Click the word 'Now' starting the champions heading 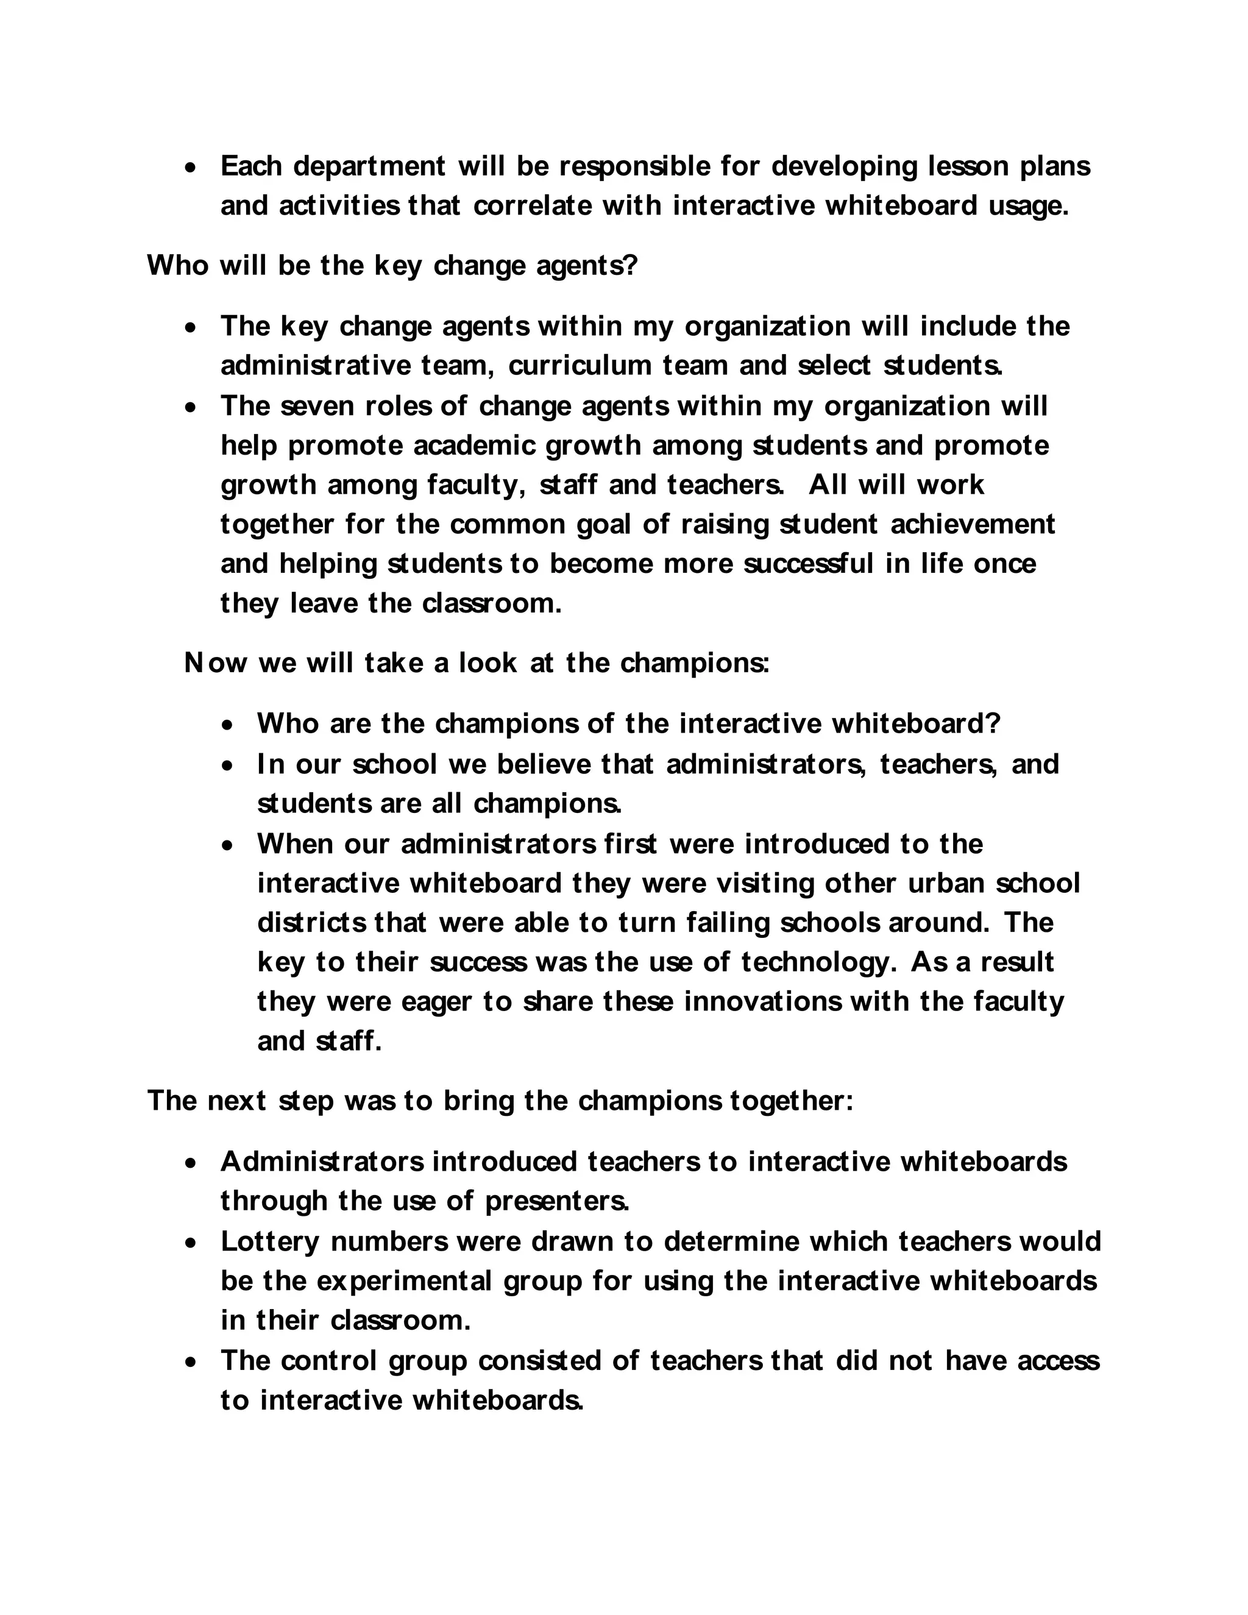tap(215, 663)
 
